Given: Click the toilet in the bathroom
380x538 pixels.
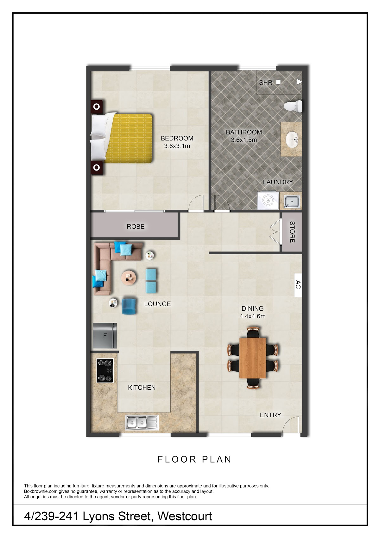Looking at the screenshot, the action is point(293,106).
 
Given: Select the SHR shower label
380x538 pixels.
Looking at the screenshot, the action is point(266,83).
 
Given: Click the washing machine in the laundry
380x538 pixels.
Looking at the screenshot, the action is point(268,200).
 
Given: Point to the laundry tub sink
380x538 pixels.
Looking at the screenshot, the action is point(291,201).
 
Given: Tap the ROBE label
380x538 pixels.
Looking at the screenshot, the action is point(136,226).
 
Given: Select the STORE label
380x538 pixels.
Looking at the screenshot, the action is point(292,232).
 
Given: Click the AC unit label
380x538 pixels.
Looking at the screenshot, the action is point(298,285).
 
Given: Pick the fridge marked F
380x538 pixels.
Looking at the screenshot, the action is point(105,335).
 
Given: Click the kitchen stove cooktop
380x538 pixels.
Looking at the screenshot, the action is point(105,371).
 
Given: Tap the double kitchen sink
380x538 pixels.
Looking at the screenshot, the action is point(142,423).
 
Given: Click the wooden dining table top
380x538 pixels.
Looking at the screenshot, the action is point(253,358).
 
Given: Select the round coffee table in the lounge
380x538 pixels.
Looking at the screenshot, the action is point(129,278).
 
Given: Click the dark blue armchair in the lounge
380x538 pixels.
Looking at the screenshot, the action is point(129,306).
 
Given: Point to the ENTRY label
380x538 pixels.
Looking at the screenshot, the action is point(270,415).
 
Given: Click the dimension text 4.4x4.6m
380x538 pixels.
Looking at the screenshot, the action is point(252,316).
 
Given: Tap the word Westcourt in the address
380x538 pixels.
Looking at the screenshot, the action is point(185,516).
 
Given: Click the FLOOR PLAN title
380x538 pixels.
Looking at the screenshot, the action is point(194,459).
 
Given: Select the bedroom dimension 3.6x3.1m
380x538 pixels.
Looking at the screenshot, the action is point(177,146).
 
